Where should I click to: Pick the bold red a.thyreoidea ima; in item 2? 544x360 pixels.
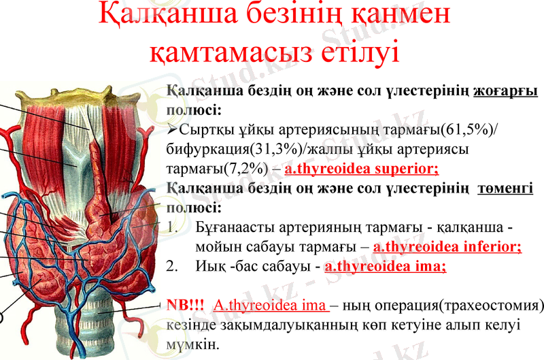pos(385,267)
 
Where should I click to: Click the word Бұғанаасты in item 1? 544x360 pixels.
pos(233,227)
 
